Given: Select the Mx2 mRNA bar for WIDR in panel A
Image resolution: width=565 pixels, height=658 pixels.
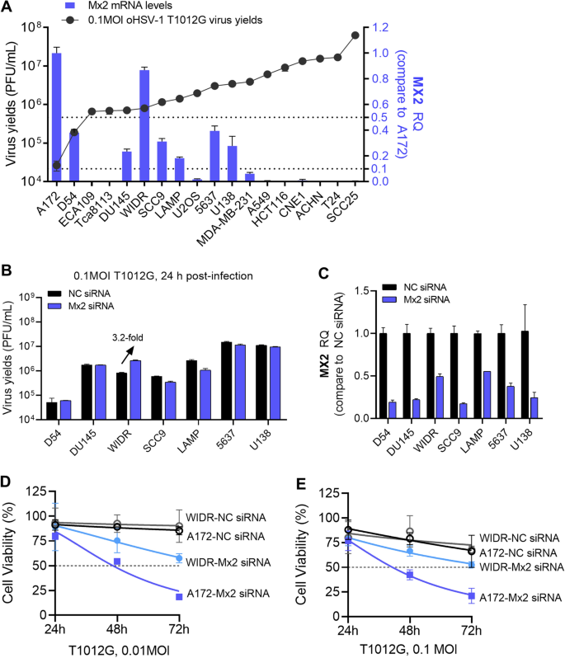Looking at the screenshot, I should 144,124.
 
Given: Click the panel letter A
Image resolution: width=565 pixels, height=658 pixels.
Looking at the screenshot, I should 7,7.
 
